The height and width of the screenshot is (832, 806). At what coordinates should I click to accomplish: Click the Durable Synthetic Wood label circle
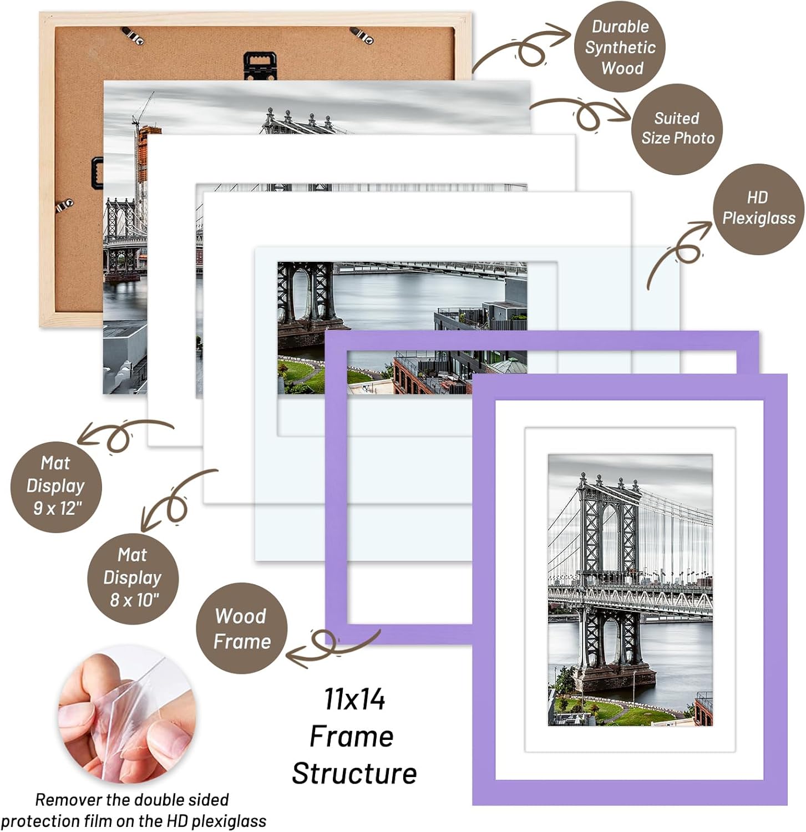(x=620, y=47)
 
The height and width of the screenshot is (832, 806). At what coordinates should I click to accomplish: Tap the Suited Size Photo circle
(x=677, y=129)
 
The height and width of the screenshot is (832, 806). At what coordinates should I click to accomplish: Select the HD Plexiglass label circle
(x=758, y=209)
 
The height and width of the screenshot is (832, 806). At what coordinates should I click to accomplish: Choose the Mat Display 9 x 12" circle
(x=56, y=486)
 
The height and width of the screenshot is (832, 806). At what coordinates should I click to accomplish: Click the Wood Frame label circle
(x=242, y=628)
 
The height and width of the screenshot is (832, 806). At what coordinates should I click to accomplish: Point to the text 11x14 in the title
(x=354, y=699)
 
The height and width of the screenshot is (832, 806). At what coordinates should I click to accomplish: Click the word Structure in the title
(x=354, y=774)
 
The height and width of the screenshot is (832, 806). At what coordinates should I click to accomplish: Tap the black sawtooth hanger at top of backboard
(x=260, y=63)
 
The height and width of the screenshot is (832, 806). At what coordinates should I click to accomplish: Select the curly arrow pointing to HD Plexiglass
(x=680, y=252)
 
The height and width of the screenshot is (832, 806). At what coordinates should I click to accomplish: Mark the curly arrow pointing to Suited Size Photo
(x=582, y=113)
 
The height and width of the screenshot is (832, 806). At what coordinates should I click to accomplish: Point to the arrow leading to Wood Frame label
(x=333, y=645)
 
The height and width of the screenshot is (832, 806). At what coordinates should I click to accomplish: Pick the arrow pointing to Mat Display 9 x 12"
(x=122, y=433)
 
